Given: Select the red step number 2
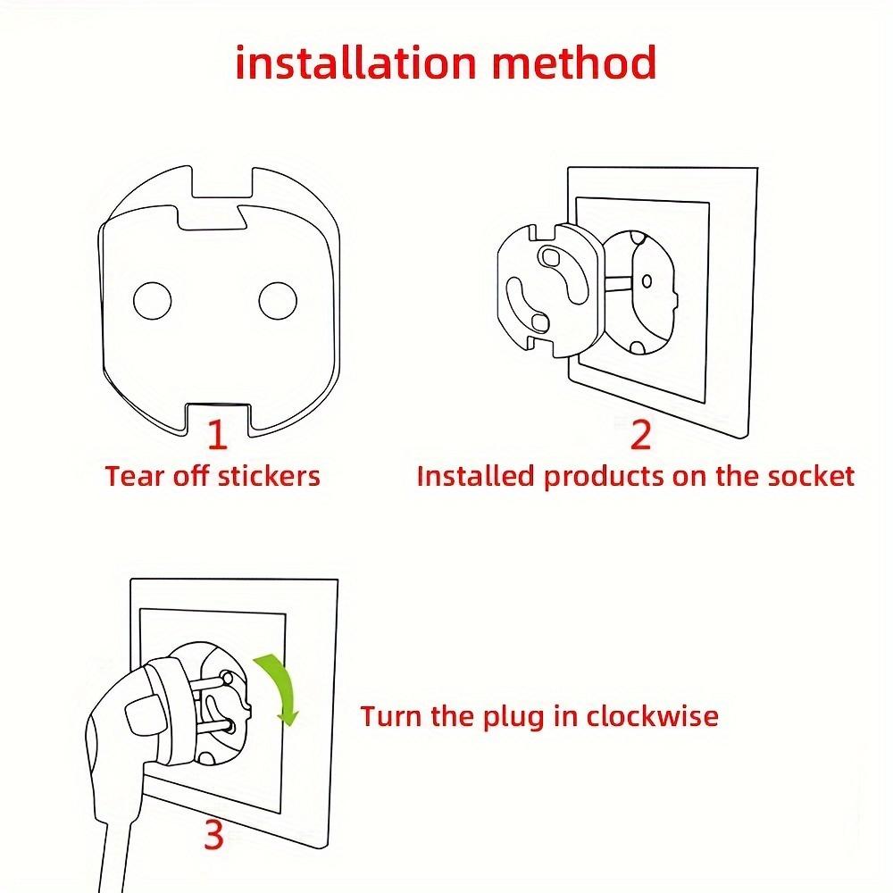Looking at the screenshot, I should (x=641, y=435).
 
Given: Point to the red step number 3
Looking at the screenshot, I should (x=213, y=836).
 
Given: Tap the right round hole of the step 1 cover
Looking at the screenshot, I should (x=277, y=300).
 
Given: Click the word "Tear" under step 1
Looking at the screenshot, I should (x=129, y=476).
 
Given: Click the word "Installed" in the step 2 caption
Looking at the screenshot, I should (x=476, y=476).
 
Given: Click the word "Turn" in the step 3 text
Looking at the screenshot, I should (x=389, y=716).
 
